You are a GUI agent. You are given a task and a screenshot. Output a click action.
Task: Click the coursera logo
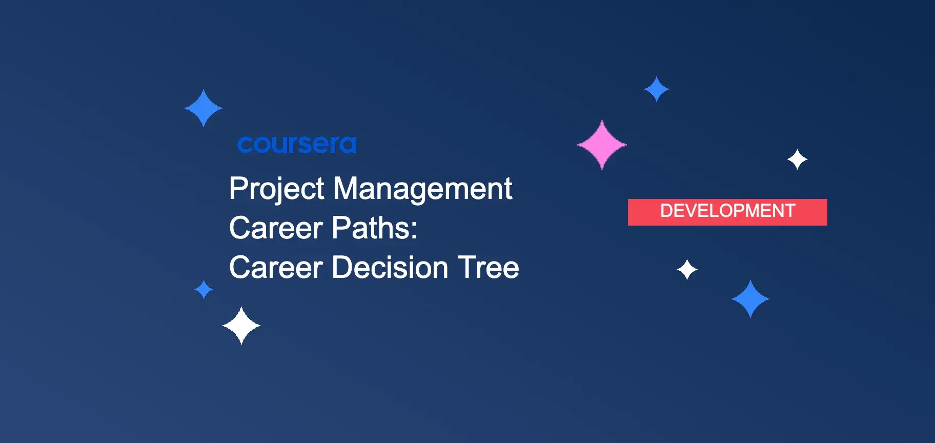297,144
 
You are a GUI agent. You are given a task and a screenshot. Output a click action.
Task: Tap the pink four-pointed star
602,145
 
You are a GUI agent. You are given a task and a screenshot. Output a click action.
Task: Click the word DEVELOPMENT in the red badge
727,211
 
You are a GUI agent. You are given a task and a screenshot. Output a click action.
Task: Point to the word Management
423,189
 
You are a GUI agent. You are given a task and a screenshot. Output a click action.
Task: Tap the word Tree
489,268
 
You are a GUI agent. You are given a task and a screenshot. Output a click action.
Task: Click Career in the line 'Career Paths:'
276,228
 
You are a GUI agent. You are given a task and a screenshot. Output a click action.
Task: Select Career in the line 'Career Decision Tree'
276,268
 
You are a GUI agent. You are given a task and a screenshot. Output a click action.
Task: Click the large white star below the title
241,326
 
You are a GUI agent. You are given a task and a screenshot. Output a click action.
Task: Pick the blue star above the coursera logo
204,108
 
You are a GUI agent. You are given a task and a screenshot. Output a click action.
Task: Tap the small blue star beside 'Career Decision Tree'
204,289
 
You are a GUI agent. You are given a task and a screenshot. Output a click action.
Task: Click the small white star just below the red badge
687,270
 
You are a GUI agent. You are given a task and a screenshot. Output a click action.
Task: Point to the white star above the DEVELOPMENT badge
797,159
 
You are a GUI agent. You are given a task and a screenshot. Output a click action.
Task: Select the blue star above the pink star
657,89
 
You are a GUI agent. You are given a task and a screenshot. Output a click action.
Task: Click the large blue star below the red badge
750,299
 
